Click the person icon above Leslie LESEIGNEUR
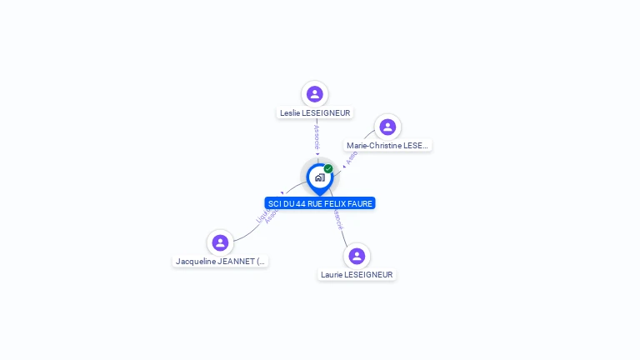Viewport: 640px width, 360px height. [x=314, y=93]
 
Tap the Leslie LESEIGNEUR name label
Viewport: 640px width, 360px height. [x=315, y=112]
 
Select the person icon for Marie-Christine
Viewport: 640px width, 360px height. [x=387, y=127]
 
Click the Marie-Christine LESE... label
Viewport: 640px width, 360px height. [x=387, y=146]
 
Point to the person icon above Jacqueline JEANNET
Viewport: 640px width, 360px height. [x=220, y=242]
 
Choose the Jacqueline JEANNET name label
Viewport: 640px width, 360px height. [x=221, y=262]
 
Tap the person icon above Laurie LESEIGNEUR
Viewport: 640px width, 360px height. [x=357, y=256]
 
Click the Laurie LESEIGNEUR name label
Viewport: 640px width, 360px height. [x=357, y=275]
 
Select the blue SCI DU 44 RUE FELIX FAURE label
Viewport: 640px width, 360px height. [x=320, y=203]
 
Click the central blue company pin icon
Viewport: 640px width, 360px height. [x=319, y=177]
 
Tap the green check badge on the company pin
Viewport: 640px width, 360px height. [x=328, y=169]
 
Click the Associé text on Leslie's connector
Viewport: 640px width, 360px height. [x=317, y=138]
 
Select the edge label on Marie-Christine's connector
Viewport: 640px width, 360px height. [x=352, y=157]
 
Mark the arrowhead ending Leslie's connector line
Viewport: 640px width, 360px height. [x=317, y=155]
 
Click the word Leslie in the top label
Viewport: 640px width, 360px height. [x=290, y=112]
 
